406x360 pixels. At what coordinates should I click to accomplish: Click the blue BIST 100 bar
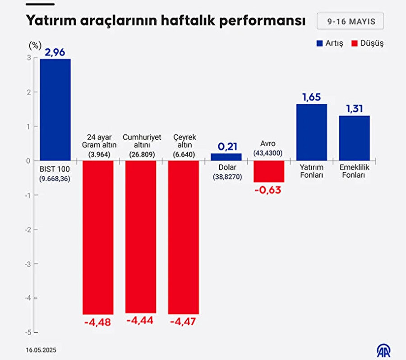(55, 110)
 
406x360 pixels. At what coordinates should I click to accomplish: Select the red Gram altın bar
(98, 237)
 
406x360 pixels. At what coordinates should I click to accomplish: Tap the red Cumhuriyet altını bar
(141, 236)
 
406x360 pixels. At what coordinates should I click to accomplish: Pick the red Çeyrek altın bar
(183, 237)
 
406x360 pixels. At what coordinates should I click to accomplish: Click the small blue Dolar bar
(226, 157)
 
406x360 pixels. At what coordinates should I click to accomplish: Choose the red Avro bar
(269, 171)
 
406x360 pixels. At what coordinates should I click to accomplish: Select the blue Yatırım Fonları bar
(312, 132)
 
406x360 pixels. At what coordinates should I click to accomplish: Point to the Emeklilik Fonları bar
(354, 138)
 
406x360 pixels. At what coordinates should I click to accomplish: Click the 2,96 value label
(55, 52)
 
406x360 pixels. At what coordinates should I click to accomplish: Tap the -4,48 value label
(97, 322)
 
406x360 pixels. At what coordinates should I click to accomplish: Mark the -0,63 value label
(269, 190)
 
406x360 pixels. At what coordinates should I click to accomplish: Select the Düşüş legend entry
(368, 43)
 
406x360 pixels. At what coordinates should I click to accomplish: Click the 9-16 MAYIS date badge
(350, 21)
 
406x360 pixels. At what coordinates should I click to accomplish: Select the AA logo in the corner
(384, 350)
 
